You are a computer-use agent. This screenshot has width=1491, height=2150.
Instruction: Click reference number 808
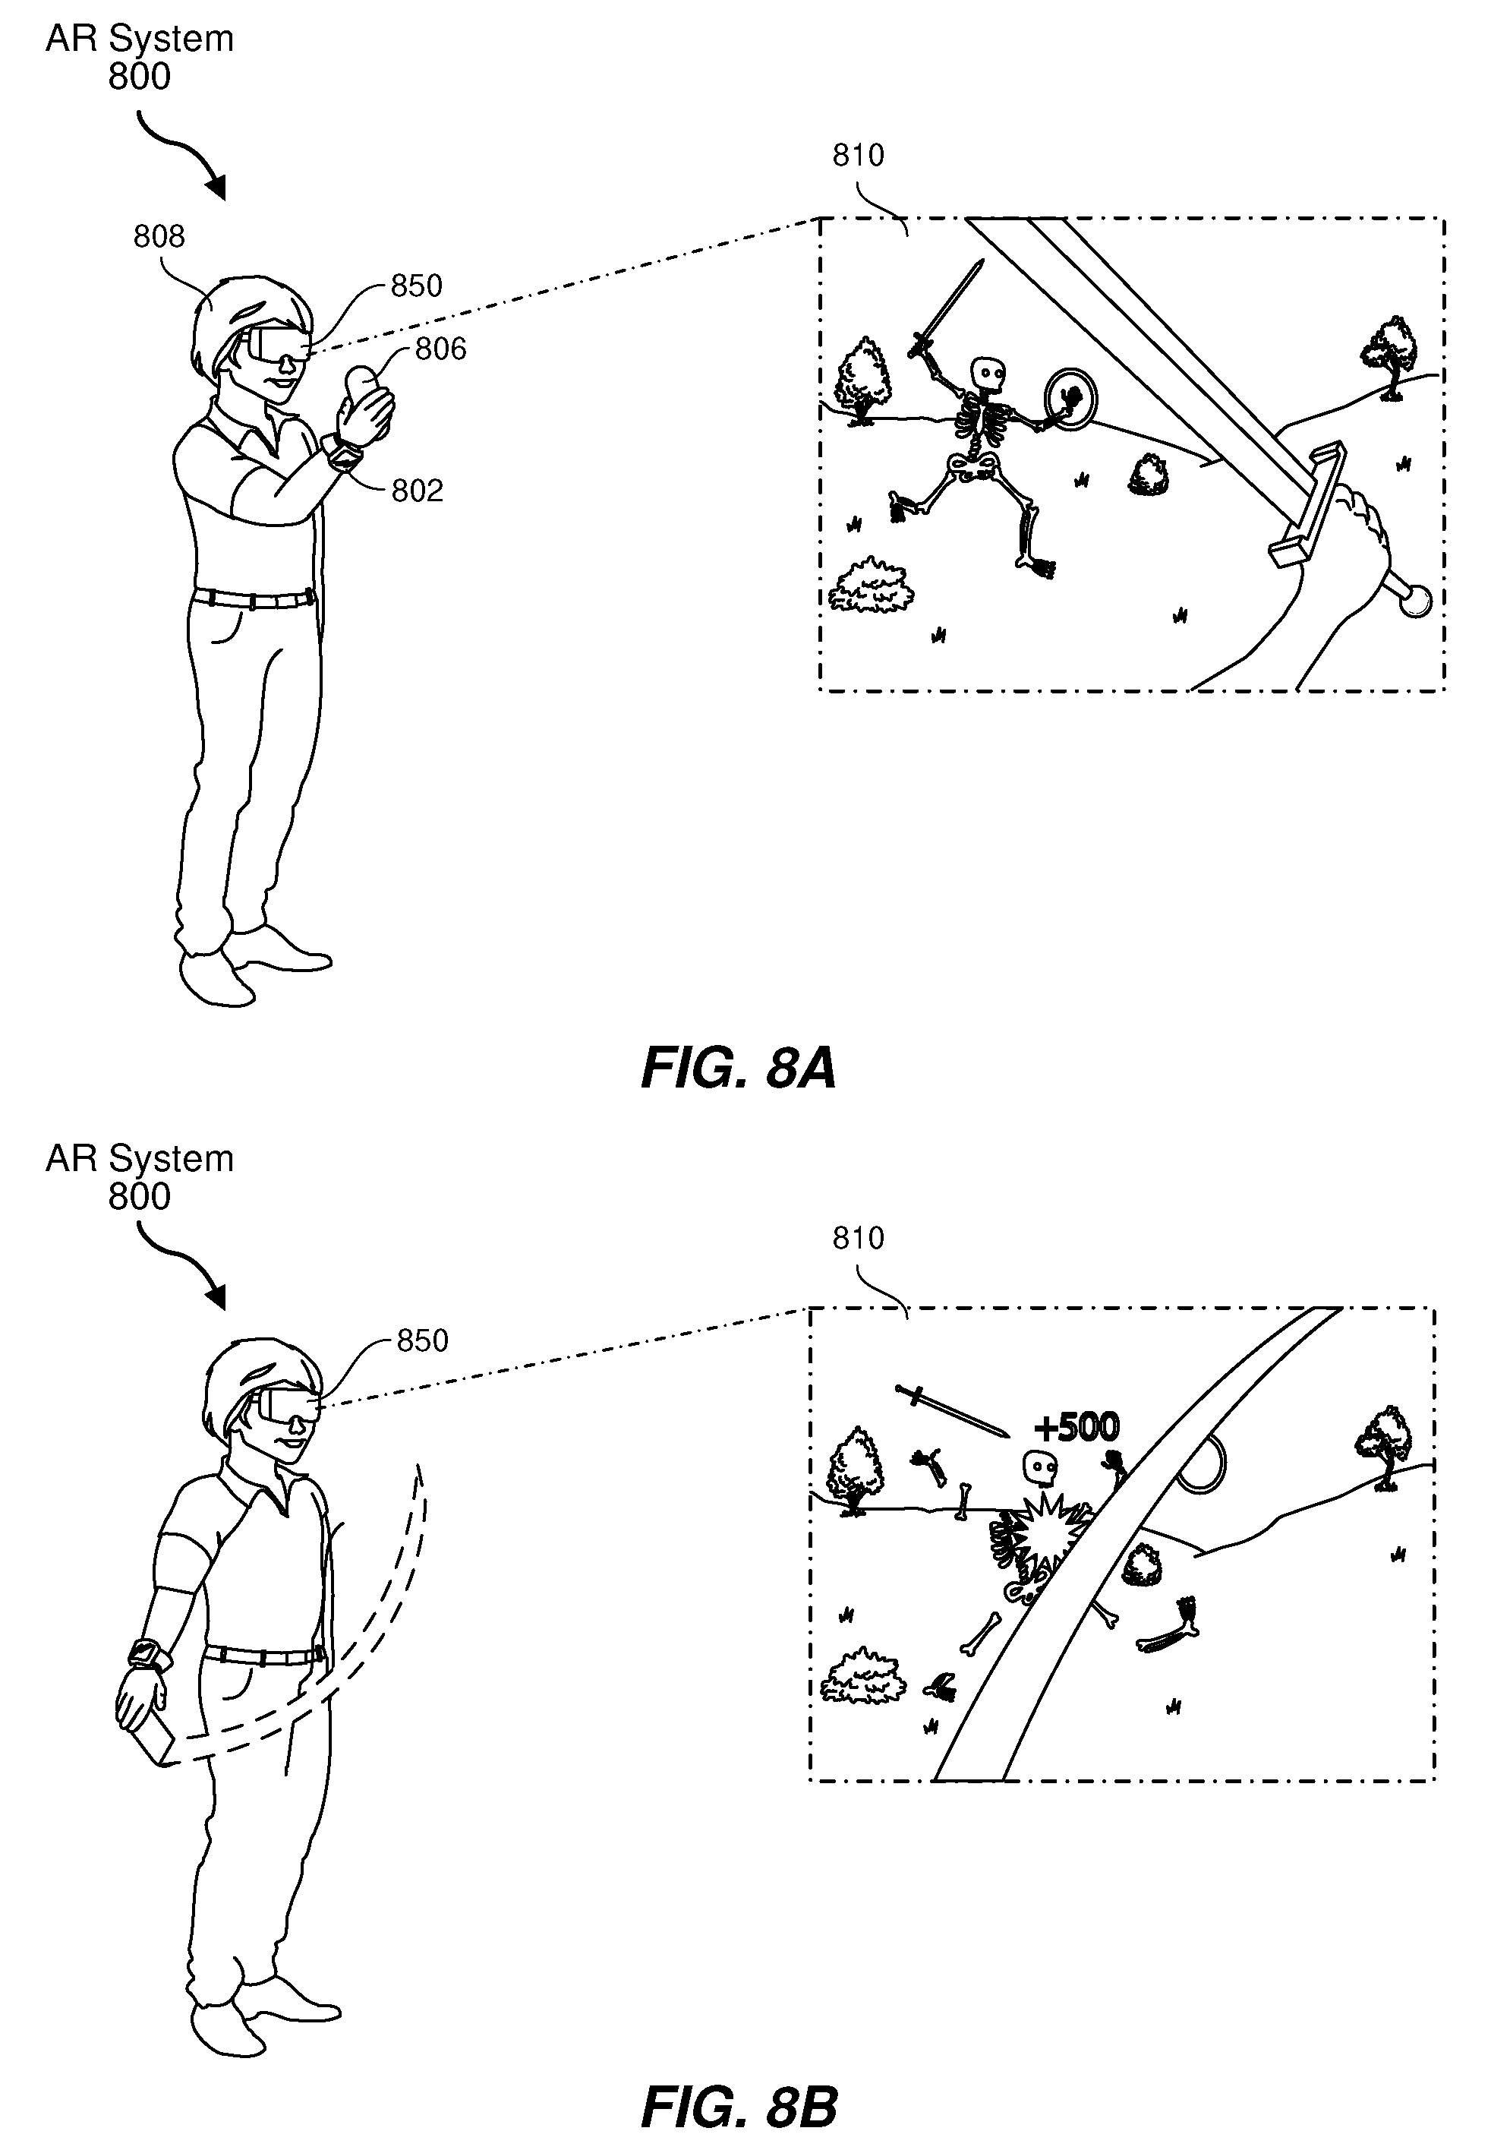pyautogui.click(x=159, y=236)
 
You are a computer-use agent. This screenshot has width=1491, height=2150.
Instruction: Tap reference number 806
pyautogui.click(x=440, y=349)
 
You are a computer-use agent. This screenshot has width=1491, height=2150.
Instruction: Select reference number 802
pyautogui.click(x=417, y=491)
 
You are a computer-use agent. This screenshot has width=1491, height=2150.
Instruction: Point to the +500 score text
pyautogui.click(x=1076, y=1427)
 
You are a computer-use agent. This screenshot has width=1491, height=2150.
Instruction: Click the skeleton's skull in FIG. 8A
pyautogui.click(x=988, y=374)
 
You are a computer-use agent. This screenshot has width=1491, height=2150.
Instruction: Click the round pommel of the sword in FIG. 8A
pyautogui.click(x=1417, y=601)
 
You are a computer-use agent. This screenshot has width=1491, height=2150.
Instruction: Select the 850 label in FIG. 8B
pyautogui.click(x=422, y=1341)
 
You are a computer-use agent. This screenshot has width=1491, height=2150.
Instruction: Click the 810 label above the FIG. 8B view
pyautogui.click(x=858, y=1238)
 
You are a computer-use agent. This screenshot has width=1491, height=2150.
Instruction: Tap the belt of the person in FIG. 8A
pyautogui.click(x=252, y=596)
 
